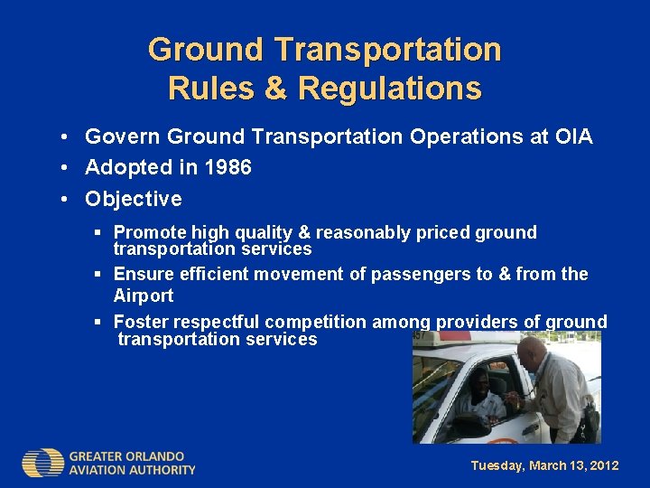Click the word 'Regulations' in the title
(x=389, y=89)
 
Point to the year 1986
(x=227, y=167)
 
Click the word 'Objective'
(x=133, y=199)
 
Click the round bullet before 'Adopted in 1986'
(x=67, y=168)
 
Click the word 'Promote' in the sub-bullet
(x=149, y=233)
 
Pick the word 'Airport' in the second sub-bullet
(x=143, y=296)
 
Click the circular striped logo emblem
(x=43, y=463)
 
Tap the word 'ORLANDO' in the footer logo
(x=152, y=456)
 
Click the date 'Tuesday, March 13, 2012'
(x=544, y=465)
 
